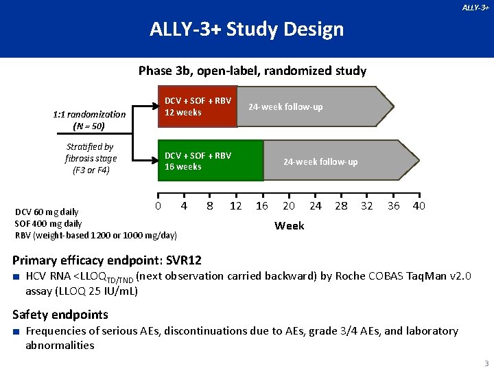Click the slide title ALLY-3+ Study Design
[246, 30]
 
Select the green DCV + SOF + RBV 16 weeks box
[209, 161]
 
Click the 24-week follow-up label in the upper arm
[285, 106]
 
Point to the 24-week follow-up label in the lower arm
[320, 162]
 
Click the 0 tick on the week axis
[158, 206]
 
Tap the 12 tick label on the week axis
[235, 206]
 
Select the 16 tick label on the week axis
[261, 206]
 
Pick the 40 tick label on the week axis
[419, 206]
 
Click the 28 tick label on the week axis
[341, 206]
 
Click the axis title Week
[289, 225]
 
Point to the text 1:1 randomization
[89, 115]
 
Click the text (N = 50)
[89, 126]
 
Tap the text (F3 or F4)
[91, 170]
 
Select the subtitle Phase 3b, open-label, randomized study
[252, 70]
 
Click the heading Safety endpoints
[60, 315]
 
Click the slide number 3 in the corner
[486, 363]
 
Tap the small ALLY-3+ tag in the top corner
[475, 8]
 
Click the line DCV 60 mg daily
[47, 212]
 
